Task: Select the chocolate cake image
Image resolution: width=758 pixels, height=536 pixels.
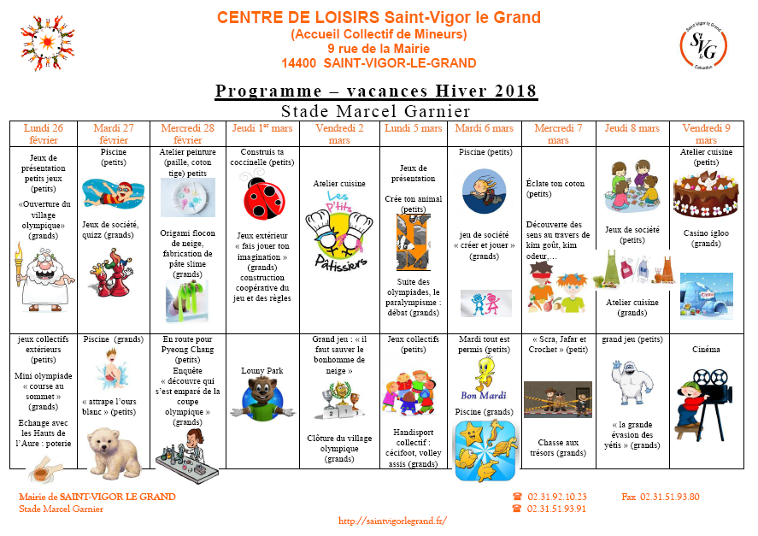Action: tap(706, 194)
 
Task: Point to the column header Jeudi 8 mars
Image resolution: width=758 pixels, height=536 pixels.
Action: tap(632, 128)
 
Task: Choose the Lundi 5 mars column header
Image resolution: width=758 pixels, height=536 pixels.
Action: tap(414, 128)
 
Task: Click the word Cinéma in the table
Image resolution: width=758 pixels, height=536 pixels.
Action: tap(706, 349)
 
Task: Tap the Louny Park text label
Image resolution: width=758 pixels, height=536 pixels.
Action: tap(259, 370)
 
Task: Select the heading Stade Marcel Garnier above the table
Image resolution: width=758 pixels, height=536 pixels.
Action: tap(376, 111)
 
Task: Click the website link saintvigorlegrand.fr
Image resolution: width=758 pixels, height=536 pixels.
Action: tap(393, 520)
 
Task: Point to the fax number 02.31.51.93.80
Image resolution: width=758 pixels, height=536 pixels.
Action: tap(670, 497)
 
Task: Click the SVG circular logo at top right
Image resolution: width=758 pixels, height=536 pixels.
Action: tap(702, 44)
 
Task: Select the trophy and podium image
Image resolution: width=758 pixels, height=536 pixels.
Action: tap(339, 400)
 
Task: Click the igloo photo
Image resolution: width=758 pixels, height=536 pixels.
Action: tap(706, 296)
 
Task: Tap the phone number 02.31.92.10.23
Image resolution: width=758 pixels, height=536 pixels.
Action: tap(557, 497)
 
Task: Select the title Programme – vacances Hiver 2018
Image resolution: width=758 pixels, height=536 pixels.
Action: tap(376, 91)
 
